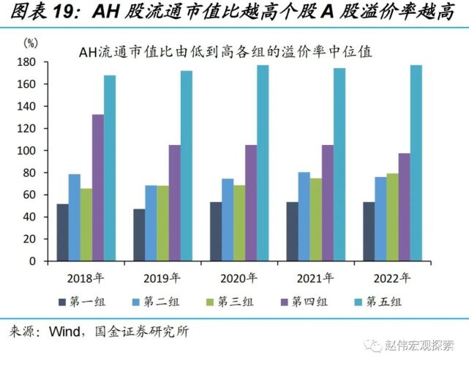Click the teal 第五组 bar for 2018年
coord(110,168)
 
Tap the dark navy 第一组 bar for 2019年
coord(139,235)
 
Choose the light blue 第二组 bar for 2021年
coord(304,217)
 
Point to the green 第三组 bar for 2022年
coord(392,217)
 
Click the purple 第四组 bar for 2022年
coord(404,207)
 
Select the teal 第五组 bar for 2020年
coord(263,163)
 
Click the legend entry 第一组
coord(81,302)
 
